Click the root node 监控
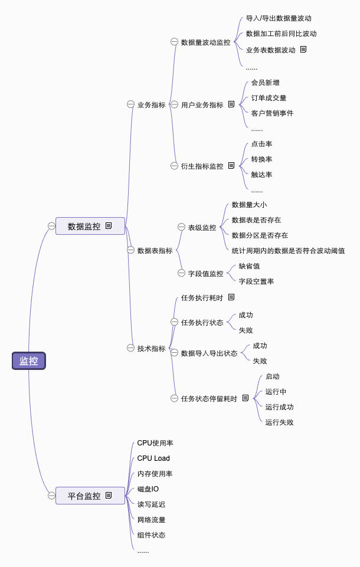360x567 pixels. click(28, 361)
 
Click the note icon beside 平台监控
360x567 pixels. click(109, 496)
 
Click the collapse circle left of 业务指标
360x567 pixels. click(130, 104)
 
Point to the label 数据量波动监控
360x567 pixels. click(205, 42)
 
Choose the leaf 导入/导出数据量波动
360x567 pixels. click(279, 18)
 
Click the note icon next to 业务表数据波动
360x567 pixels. click(303, 50)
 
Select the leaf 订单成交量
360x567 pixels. click(269, 98)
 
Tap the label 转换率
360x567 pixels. click(261, 159)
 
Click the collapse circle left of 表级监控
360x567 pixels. click(181, 227)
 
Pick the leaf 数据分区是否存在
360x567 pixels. click(260, 235)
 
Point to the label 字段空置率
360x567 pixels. click(256, 281)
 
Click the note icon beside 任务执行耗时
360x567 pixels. click(231, 297)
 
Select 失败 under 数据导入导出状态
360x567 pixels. click(260, 361)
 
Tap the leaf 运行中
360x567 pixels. click(276, 392)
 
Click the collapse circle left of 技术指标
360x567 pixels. click(130, 348)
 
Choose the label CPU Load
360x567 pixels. click(153, 458)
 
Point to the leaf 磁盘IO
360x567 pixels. click(148, 489)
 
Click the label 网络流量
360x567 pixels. click(151, 520)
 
